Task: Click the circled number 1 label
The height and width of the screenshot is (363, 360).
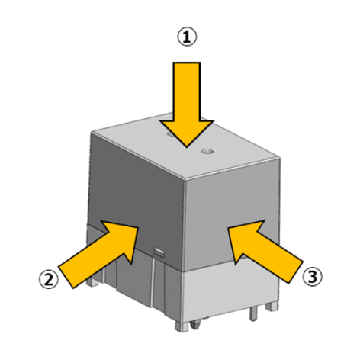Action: (187, 37)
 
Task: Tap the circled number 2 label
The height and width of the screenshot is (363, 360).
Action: (49, 279)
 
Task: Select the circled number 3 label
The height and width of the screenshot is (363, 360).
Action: (312, 277)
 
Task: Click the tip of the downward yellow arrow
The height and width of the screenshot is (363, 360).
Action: (187, 147)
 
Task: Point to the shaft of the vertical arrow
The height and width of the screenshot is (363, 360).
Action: (187, 92)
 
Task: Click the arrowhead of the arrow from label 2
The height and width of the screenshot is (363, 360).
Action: (122, 238)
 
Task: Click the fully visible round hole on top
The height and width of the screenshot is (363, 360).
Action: (207, 152)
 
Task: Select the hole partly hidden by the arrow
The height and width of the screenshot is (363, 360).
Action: (170, 133)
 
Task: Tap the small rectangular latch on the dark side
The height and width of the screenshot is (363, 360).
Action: (159, 252)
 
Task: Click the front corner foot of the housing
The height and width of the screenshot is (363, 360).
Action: (182, 326)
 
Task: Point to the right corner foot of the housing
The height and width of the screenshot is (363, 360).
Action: (272, 306)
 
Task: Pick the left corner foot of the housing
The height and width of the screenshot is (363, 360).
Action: (92, 281)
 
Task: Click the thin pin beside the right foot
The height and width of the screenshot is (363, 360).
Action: (253, 313)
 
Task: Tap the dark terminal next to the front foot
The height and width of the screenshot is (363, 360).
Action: (195, 324)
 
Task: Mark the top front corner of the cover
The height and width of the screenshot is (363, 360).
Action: (185, 180)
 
